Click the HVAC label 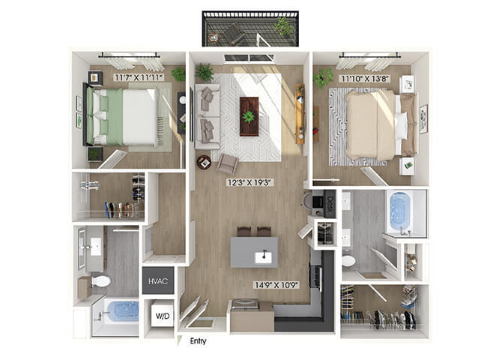158,281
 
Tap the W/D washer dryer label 163,316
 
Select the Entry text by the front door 198,340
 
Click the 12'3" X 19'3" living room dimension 250,182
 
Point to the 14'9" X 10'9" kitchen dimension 276,285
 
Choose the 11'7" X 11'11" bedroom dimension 139,77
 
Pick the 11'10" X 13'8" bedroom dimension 365,79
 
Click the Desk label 330,204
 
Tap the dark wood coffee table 249,116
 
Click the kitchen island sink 264,257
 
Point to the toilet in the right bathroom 348,260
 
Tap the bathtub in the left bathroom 124,311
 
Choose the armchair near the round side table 228,163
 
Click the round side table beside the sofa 204,162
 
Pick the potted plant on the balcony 283,26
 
